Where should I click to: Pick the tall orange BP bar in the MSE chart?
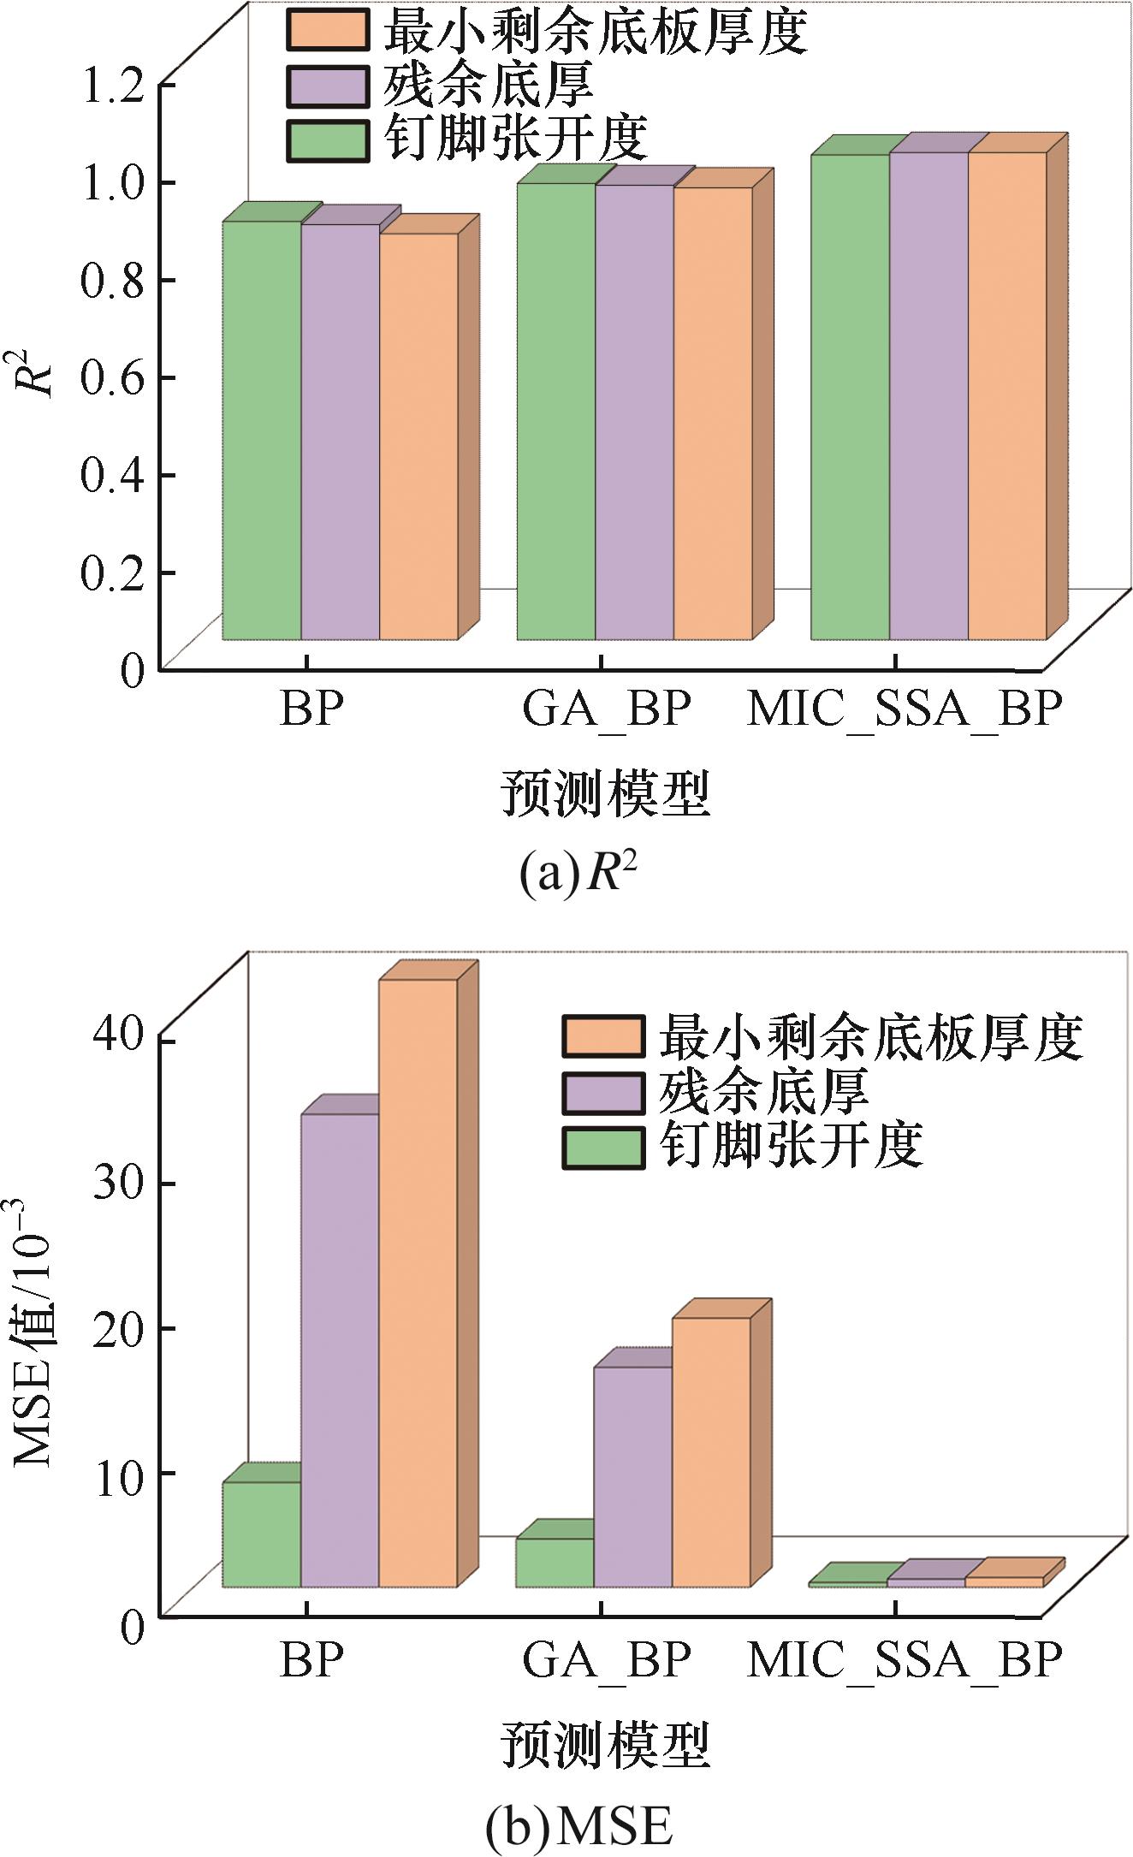point(418,1284)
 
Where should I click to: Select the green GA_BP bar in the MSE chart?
point(555,1563)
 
